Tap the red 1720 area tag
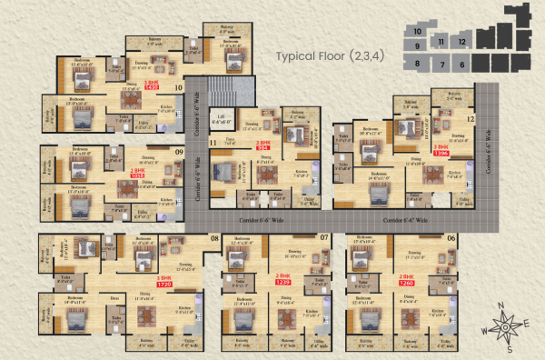pos(164,285)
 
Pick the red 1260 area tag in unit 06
pos(406,285)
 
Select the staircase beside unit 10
pos(222,91)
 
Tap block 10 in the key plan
pos(416,33)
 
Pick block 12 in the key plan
pos(462,42)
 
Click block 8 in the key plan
pos(417,63)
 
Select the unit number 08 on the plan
pos(215,238)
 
